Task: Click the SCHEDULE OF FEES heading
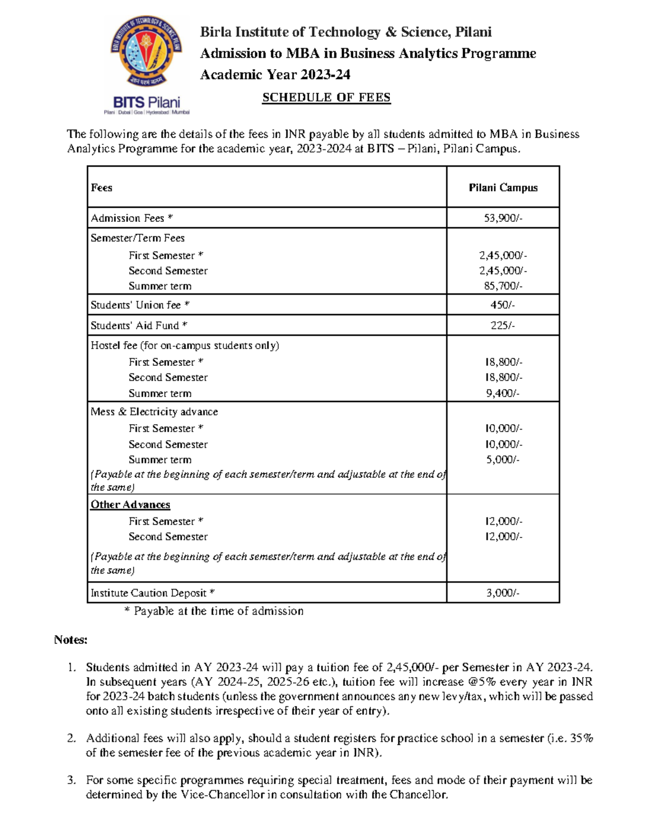326,98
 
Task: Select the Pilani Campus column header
503,188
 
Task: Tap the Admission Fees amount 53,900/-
503,218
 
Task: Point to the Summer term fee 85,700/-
503,286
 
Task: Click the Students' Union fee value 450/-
503,305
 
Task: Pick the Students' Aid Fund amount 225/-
503,325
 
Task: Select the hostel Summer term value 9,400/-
503,393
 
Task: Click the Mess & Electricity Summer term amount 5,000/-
503,460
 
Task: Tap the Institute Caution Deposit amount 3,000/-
503,593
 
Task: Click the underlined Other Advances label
130,505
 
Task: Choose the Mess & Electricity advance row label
154,412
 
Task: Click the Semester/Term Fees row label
137,238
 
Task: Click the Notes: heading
71,640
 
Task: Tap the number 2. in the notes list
71,738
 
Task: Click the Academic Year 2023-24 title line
275,74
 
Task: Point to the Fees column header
101,188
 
